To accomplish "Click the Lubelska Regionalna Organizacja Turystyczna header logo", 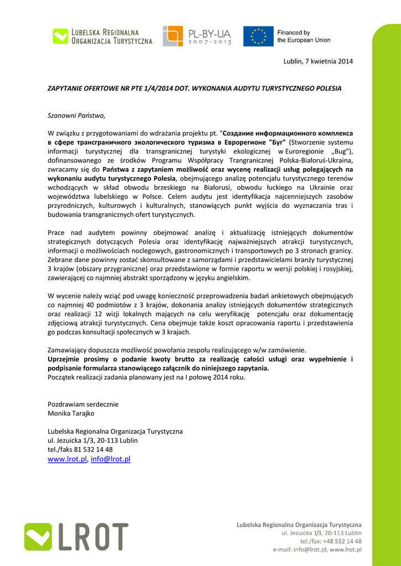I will pos(102,36).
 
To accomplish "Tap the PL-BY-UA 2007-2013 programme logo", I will pos(196,36).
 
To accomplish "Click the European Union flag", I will pos(258,36).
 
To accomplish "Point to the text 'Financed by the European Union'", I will pos(304,36).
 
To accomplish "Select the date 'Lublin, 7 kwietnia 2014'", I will pos(317,61).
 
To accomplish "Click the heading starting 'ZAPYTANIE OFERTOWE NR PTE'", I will pos(194,88).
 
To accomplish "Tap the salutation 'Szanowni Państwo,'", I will pos(76,116).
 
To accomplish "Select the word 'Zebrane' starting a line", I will pos(60,260).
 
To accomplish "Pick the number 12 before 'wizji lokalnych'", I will pos(98,314).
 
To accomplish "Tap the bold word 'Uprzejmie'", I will pos(64,359).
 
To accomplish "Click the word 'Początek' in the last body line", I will pos(61,377).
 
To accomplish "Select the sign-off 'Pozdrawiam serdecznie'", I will pos(83,404).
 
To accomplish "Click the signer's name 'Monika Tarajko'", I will pos(71,413).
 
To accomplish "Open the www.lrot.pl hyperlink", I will pos(67,459).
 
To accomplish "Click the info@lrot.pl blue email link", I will pos(111,459).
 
